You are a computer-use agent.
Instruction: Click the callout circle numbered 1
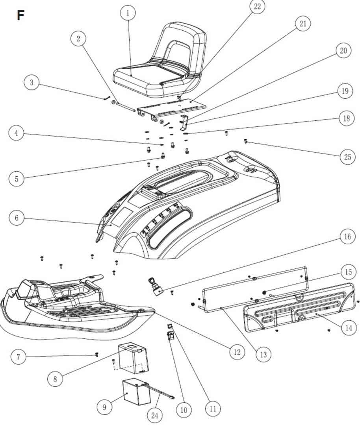click(128, 13)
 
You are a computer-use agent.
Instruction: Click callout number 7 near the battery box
click(18, 357)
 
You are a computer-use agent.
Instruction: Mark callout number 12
click(237, 352)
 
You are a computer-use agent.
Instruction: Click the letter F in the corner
click(20, 15)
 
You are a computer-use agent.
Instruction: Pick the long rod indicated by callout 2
click(126, 107)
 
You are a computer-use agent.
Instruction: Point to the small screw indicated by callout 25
click(246, 141)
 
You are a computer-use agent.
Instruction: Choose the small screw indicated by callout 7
click(97, 354)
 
